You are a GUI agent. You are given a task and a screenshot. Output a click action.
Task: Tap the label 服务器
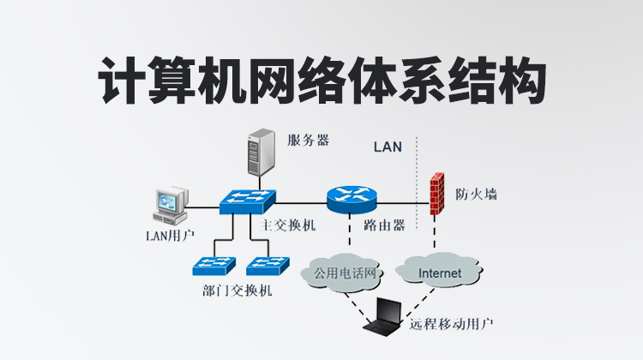pyautogui.click(x=309, y=140)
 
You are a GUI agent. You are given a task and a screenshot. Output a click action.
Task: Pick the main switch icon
pyautogui.click(x=246, y=202)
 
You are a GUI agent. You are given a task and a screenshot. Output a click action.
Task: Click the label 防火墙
pyautogui.click(x=477, y=194)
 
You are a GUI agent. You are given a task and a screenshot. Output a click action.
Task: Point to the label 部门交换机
pyautogui.click(x=237, y=291)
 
